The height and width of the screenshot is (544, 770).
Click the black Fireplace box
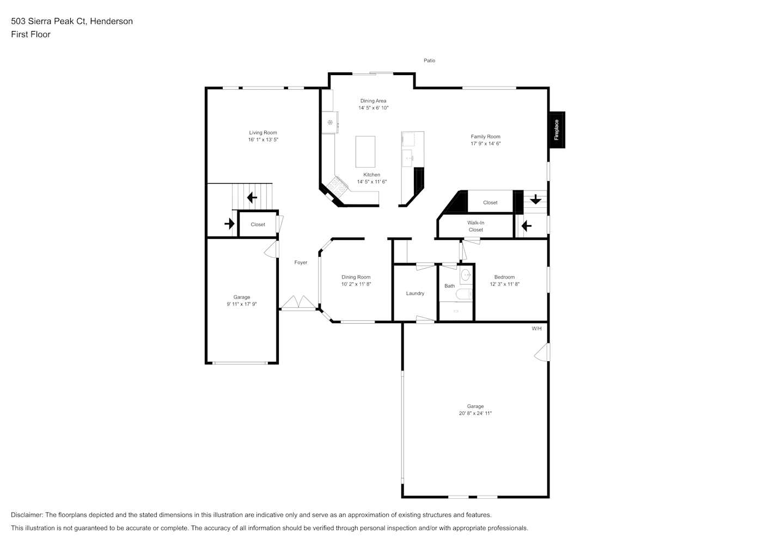tap(557, 130)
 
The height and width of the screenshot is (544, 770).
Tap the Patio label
tap(429, 60)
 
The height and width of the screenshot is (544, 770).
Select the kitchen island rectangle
tap(365, 152)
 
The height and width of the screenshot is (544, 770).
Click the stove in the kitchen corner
tap(337, 187)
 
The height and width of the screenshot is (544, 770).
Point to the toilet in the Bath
tap(464, 294)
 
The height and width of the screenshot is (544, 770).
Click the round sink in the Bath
tap(466, 275)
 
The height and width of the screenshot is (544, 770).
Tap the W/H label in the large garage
tap(536, 329)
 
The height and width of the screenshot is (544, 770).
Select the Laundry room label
tap(415, 293)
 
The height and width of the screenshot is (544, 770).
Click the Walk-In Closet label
tap(476, 226)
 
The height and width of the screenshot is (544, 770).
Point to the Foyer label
tap(301, 262)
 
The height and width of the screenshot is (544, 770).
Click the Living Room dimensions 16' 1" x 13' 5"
tap(264, 140)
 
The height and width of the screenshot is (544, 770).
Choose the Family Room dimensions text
tap(486, 144)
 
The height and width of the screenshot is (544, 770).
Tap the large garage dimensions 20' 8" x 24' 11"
tap(475, 413)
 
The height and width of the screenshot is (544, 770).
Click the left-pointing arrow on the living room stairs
tap(252, 197)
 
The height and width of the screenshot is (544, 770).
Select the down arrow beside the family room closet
tap(535, 199)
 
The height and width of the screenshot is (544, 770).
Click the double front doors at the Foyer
tap(298, 302)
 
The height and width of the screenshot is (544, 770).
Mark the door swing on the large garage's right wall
tap(542, 352)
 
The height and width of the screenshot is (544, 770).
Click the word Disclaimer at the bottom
tap(27, 515)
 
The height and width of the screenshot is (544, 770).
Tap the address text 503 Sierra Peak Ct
tap(50, 21)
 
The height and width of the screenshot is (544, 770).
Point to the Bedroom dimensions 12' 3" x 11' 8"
tap(505, 284)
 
